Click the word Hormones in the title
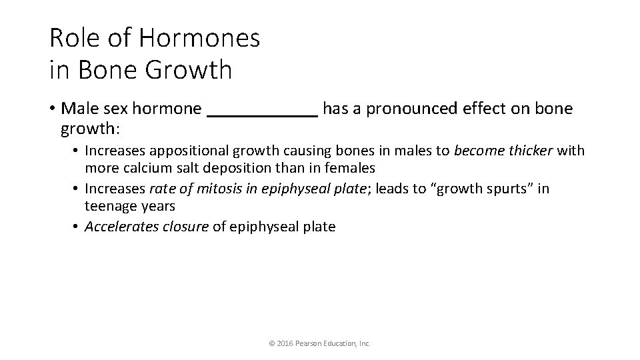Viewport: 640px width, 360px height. click(199, 38)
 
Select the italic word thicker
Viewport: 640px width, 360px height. click(531, 151)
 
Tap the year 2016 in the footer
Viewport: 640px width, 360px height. click(283, 343)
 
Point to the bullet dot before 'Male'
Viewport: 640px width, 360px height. click(53, 109)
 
